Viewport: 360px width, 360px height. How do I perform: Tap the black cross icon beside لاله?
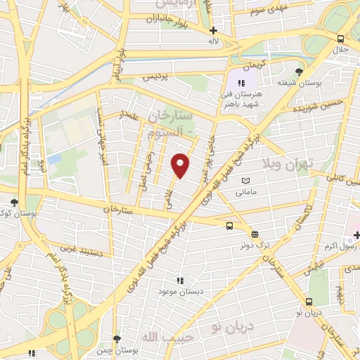pos(214,30)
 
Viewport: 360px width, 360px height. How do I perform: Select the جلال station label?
pos(340,50)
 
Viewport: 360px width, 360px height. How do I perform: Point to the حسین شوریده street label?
pos(322,108)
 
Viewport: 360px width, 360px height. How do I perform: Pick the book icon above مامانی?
pos(245,181)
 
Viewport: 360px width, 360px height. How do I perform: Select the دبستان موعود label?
pos(179,290)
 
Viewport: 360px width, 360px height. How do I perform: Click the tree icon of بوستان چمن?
pos(117,338)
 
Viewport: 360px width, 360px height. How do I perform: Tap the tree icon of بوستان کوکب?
pos(14,202)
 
